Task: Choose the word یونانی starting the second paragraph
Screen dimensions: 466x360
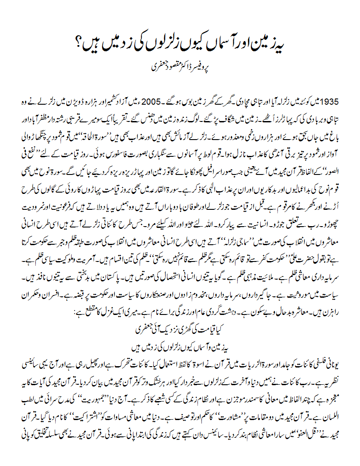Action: pyautogui.click(x=339, y=355)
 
